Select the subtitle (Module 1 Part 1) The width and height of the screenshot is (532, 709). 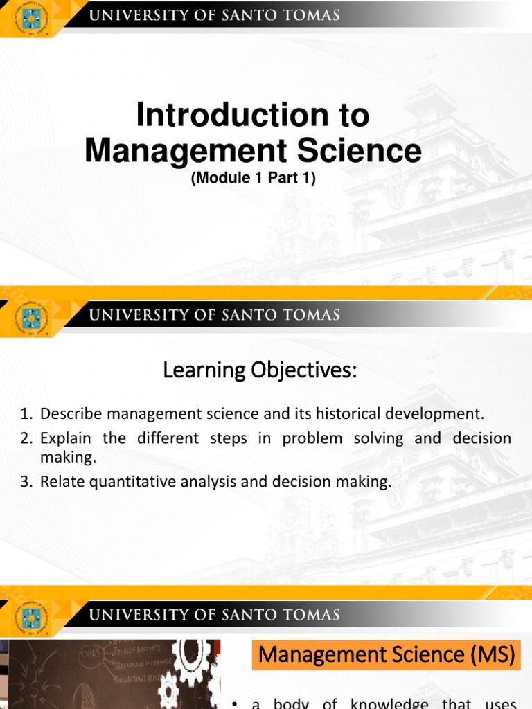pos(253,178)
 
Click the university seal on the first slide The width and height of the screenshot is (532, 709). pos(30,18)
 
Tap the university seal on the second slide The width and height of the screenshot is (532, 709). pos(30,318)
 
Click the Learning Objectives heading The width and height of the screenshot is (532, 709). pos(260,371)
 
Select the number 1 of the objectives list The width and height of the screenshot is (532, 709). pos(25,414)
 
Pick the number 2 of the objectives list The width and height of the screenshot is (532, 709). pos(25,438)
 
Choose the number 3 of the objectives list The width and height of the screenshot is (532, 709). pos(25,483)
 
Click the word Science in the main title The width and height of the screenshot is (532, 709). pos(360,150)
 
